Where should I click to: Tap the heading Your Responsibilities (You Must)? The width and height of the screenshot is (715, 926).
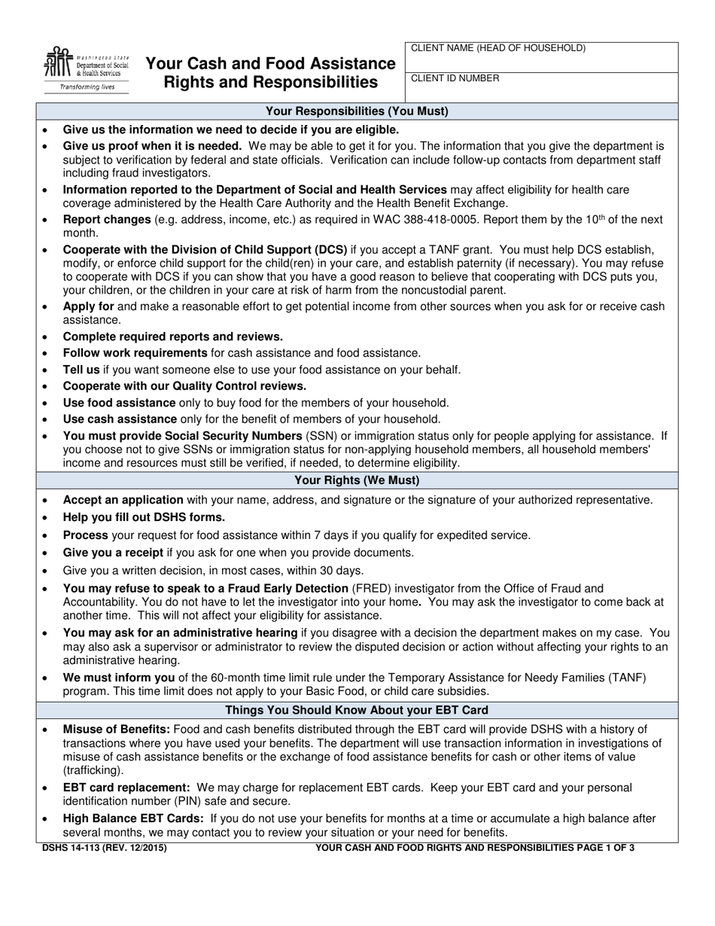pos(357,111)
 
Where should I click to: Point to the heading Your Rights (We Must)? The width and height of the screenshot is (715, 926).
pos(357,480)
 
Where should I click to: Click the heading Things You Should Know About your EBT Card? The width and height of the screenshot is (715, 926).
pos(357,710)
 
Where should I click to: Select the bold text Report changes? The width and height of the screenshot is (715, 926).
pos(106,220)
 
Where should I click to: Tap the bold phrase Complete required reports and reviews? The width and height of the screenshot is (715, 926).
pos(172,337)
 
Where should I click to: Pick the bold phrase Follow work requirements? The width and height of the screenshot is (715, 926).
pos(135,353)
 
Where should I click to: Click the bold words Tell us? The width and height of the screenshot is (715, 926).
pos(81,370)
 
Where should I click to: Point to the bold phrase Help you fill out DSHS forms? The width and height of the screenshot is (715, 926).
pos(144,517)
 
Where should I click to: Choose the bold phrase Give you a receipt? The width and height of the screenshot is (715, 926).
pos(113,553)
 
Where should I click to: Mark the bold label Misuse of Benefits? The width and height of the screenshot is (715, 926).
pos(117,730)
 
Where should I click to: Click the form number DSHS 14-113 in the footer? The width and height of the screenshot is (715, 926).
pos(74,848)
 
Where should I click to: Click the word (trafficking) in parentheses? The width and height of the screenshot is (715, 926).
pos(93,771)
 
